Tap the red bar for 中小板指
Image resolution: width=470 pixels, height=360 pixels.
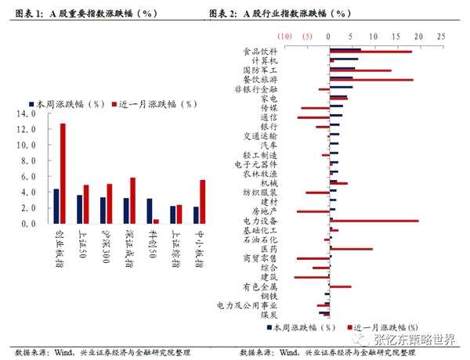click(203, 201)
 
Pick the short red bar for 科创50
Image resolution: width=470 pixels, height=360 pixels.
click(156, 221)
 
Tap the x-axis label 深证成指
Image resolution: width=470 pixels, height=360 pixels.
click(130, 243)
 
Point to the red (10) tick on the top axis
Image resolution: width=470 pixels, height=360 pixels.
click(285, 36)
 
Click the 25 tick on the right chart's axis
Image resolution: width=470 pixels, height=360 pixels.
click(441, 36)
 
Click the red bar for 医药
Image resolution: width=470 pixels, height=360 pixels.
click(352, 249)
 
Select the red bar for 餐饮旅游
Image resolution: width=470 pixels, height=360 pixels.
click(371, 80)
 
